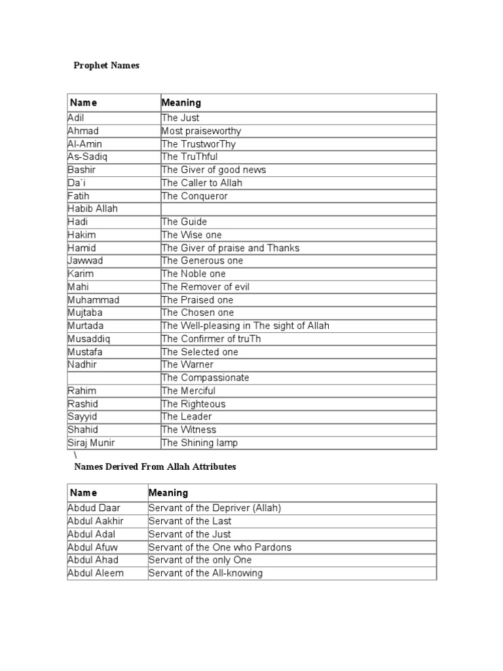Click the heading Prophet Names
(x=106, y=66)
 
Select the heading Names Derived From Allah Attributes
(x=155, y=467)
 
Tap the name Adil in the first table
(x=76, y=118)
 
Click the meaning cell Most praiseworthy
(x=201, y=131)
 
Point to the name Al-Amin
(x=84, y=144)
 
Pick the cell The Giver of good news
(x=214, y=170)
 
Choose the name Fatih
(x=79, y=196)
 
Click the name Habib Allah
(x=92, y=208)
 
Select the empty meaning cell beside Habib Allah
(x=298, y=208)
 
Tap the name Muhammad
(x=93, y=299)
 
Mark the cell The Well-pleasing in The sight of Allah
(x=245, y=326)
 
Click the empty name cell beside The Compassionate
(x=113, y=377)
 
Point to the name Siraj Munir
(x=91, y=442)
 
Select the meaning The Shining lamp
(x=200, y=442)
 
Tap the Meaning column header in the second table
(x=168, y=493)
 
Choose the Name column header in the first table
(x=83, y=103)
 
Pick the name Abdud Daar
(x=94, y=508)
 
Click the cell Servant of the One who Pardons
(x=220, y=547)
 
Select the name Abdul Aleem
(x=96, y=573)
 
